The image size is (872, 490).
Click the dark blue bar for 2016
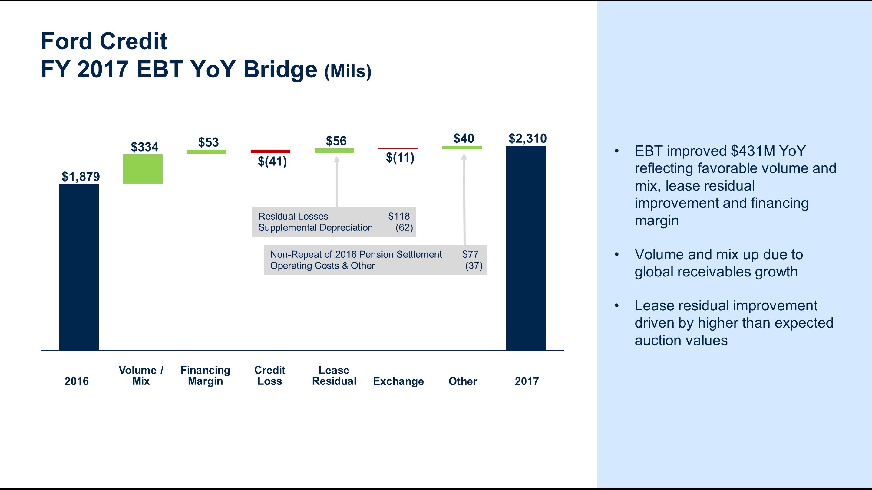click(79, 267)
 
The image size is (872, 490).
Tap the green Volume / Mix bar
click(143, 169)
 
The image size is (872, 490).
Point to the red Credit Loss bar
click(270, 151)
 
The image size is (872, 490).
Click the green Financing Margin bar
click(206, 152)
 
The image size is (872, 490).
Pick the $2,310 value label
click(527, 138)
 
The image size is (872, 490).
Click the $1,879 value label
click(81, 177)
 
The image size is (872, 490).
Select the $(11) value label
click(400, 157)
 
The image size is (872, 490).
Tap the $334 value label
click(144, 147)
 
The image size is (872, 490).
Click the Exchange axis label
click(398, 381)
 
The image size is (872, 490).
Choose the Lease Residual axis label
click(334, 375)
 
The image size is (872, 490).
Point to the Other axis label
click(462, 381)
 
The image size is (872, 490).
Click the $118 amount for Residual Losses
click(399, 216)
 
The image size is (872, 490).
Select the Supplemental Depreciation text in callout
click(315, 227)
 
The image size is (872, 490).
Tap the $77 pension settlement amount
click(470, 254)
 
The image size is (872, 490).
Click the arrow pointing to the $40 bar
click(464, 200)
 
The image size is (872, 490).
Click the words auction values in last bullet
click(681, 340)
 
